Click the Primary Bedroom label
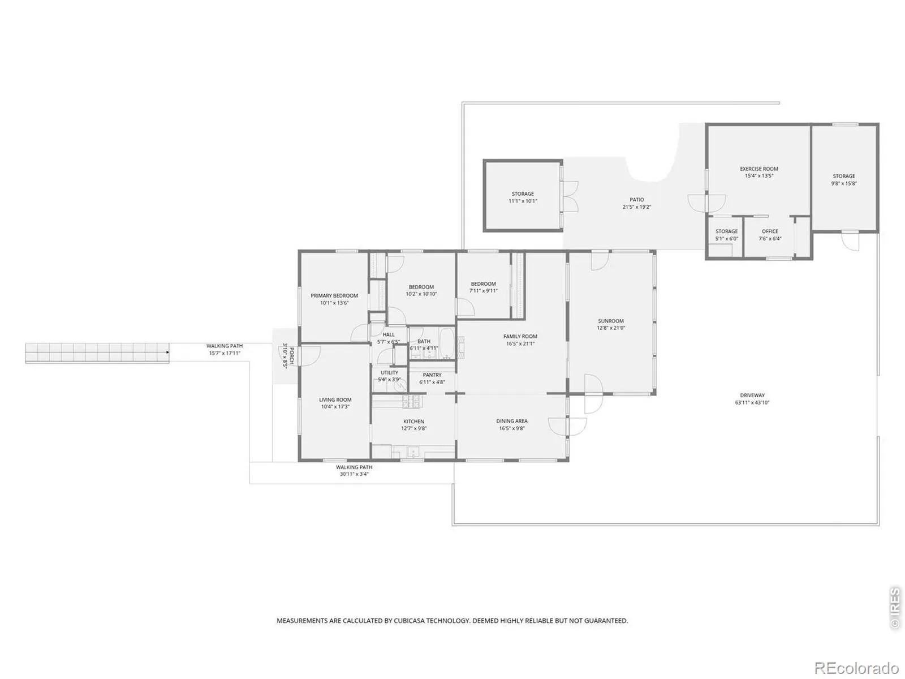334,295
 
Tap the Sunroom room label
611,321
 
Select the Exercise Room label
759,169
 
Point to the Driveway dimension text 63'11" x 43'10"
752,402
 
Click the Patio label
636,200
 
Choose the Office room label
770,231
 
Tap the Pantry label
432,375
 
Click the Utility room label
389,372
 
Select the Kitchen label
413,422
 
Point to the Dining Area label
512,421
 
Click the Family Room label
520,336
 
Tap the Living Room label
335,399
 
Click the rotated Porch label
291,356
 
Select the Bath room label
424,341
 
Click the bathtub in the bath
447,343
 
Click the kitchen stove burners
411,401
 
